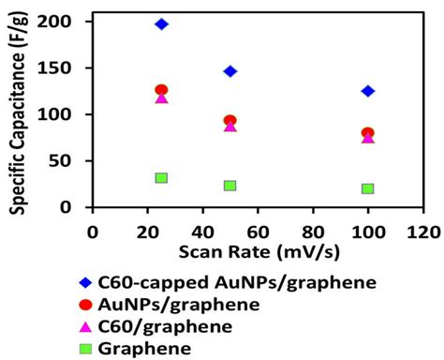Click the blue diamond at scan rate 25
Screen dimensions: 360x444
coord(161,23)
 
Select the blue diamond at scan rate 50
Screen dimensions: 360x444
coord(230,71)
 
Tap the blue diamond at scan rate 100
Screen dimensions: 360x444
coord(368,91)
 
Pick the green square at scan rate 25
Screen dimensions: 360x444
coord(161,178)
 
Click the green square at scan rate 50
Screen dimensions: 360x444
coord(230,186)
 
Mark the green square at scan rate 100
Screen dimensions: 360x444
coord(368,188)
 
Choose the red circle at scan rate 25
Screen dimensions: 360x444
coord(161,90)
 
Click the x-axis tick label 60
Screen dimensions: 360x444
coord(258,231)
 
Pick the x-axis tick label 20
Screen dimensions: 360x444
coord(147,231)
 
